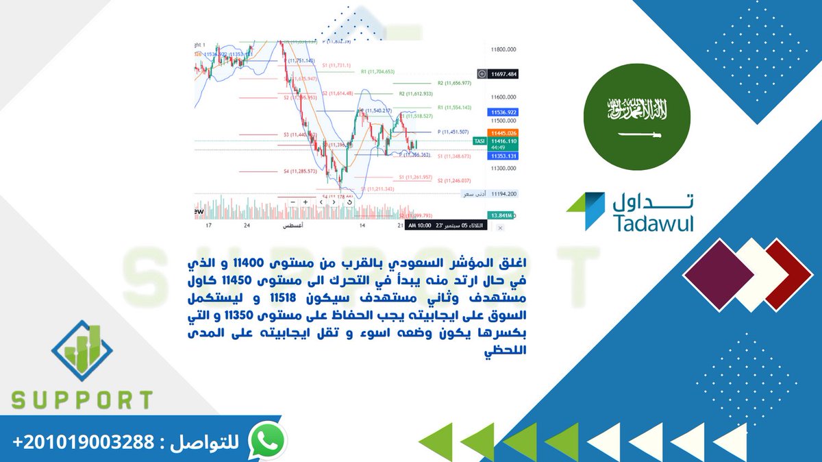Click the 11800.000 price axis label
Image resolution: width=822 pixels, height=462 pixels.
coord(503,50)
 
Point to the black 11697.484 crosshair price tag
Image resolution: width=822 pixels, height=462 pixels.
coord(503,73)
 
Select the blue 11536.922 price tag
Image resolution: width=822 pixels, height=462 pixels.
coord(503,111)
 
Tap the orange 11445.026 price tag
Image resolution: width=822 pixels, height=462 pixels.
coord(503,132)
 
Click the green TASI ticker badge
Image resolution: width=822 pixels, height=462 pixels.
coord(480,141)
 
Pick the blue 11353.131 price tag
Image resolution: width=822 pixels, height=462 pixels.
coord(503,156)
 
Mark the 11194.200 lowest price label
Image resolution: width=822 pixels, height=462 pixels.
coord(503,194)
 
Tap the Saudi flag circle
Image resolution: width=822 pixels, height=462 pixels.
coord(638,116)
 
